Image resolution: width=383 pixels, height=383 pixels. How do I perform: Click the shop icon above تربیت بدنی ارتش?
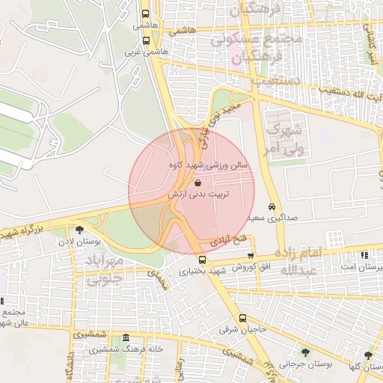pyautogui.click(x=197, y=183)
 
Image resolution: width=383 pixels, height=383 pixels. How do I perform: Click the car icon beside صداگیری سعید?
pyautogui.click(x=271, y=206)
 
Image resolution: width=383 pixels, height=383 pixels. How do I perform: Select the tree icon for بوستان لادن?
pyautogui.click(x=80, y=230)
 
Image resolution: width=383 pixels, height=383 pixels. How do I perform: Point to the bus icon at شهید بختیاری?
pyautogui.click(x=202, y=260)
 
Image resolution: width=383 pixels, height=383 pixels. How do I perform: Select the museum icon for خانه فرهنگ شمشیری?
pyautogui.click(x=125, y=338)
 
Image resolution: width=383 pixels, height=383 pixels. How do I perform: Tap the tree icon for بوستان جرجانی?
pyautogui.click(x=304, y=352)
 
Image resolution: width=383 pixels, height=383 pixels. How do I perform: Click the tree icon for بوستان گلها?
pyautogui.click(x=368, y=355)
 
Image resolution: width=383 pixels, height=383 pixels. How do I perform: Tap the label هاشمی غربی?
pyautogui.click(x=143, y=53)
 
